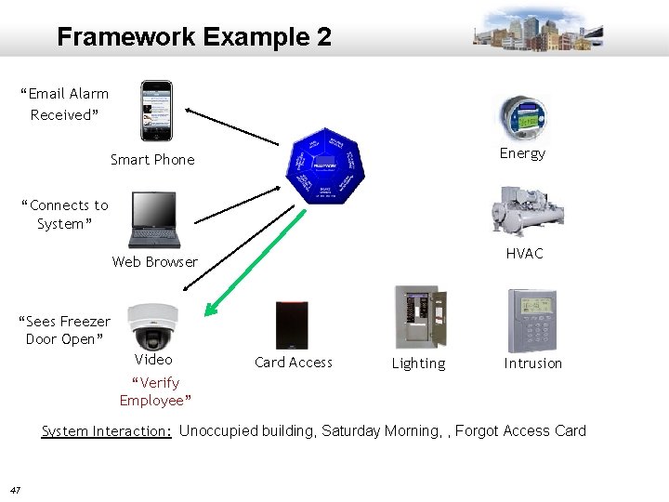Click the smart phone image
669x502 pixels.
[x=156, y=111]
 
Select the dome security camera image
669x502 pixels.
[x=151, y=324]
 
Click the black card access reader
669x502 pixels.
[x=292, y=325]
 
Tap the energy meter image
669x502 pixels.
[x=520, y=118]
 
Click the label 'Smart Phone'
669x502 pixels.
[x=152, y=160]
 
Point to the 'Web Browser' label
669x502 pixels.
[x=155, y=262]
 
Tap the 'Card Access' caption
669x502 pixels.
[x=293, y=363]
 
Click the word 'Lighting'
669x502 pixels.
[x=418, y=363]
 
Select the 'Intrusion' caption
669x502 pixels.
[x=532, y=363]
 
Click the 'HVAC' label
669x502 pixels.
[x=524, y=253]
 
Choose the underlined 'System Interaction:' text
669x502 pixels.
[x=107, y=430]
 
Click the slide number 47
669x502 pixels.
[x=16, y=490]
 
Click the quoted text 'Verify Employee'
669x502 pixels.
[x=155, y=391]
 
